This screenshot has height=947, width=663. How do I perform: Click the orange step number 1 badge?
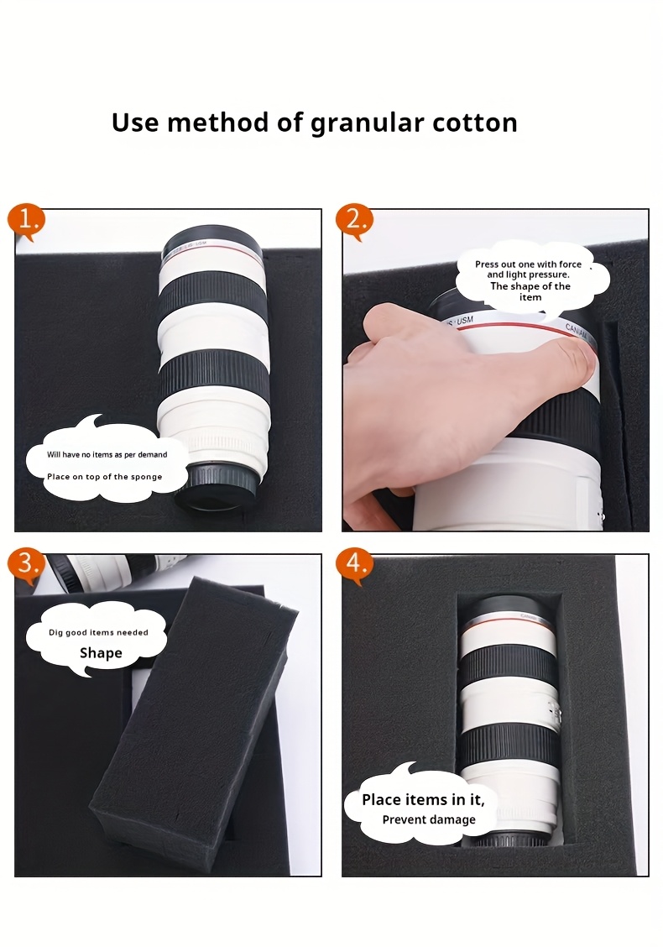[26, 222]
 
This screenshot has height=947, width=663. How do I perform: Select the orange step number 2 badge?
[354, 222]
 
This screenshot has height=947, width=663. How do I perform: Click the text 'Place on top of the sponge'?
[104, 477]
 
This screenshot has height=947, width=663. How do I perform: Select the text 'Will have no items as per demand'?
[107, 455]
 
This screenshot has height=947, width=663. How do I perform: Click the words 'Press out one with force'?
[529, 264]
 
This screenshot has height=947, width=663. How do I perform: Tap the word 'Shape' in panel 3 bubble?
[101, 653]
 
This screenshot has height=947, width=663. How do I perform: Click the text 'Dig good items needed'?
[98, 632]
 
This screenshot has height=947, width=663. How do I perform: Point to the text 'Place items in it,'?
[423, 799]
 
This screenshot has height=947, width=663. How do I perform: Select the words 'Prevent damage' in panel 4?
[429, 819]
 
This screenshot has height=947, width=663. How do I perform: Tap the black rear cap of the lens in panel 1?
[217, 488]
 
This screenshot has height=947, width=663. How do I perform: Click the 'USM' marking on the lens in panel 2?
[464, 321]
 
